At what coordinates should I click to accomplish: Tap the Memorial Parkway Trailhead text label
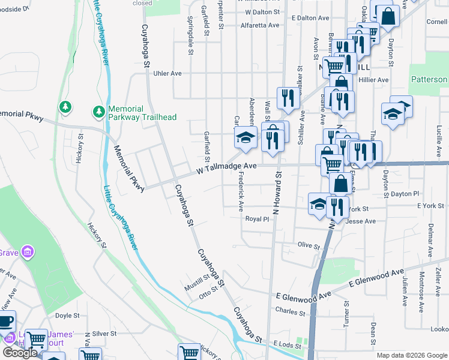pos(142,112)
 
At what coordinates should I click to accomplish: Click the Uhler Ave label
pos(167,73)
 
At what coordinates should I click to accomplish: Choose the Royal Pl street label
pos(257,219)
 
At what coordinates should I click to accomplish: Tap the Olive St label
pos(309,245)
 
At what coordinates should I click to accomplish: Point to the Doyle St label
pos(67,316)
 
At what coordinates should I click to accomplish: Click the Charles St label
pos(291,311)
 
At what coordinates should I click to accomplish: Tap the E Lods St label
pos(286,344)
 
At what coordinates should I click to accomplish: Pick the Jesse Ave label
pos(361,221)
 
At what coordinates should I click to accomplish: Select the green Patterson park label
pos(429,79)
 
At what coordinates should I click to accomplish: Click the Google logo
pos(19,353)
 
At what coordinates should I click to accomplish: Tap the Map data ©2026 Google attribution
pos(411,355)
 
